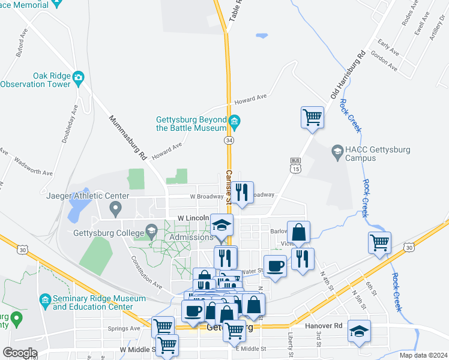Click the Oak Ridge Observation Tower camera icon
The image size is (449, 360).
78,77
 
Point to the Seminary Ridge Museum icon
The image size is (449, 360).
44,299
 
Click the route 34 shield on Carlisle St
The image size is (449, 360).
229,140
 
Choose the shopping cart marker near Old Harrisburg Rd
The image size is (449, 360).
312,116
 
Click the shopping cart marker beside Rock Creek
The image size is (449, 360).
379,242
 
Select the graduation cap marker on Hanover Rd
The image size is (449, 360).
359,331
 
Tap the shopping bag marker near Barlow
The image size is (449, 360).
298,232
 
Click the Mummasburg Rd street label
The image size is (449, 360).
128,137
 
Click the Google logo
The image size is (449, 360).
20,353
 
